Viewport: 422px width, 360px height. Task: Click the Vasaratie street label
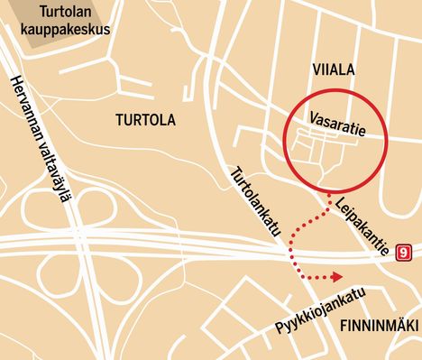(336, 124)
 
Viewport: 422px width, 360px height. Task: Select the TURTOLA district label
(146, 119)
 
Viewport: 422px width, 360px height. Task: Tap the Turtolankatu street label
(256, 204)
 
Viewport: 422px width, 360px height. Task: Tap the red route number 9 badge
(404, 253)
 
